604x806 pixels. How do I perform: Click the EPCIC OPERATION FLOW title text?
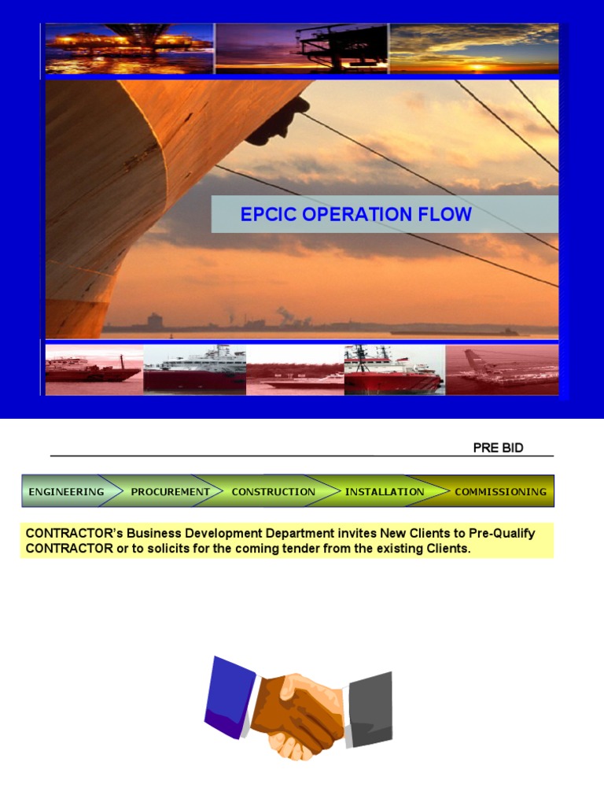(355, 214)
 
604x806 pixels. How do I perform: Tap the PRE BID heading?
(498, 448)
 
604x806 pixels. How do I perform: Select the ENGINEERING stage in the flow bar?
(66, 492)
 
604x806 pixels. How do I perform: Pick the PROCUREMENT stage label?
(170, 492)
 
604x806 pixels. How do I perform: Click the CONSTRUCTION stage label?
(273, 492)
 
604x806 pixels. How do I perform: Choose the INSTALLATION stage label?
(384, 492)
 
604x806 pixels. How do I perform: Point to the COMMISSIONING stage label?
(500, 492)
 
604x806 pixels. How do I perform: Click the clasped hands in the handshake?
(300, 704)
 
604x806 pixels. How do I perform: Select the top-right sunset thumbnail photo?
(473, 49)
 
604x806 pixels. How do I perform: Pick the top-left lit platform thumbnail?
(129, 49)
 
